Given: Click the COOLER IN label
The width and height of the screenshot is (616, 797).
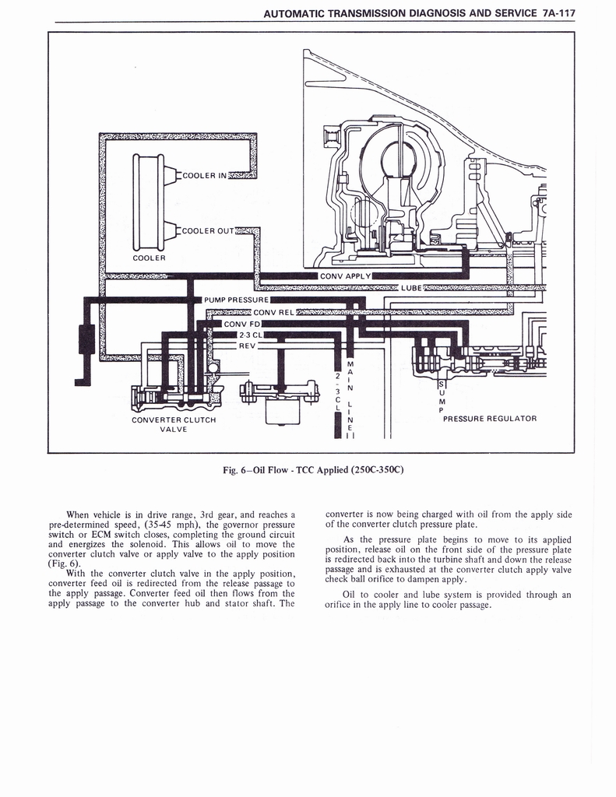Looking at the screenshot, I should point(204,175).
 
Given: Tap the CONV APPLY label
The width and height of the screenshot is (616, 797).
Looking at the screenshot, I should point(345,276).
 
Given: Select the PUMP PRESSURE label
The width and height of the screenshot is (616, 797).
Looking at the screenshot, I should point(236,299).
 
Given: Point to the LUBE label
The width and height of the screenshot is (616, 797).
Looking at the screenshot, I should point(410,288).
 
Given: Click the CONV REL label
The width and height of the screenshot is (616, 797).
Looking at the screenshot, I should point(272,313).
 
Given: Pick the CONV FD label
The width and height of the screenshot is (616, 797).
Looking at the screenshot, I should point(242,324).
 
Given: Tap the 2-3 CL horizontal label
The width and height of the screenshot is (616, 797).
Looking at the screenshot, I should point(247,335).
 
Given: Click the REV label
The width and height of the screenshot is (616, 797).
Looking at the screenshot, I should point(247,346).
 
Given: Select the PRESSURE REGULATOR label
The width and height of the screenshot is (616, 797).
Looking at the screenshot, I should point(489,419).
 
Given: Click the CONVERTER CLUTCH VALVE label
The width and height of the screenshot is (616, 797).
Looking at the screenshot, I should point(174,425).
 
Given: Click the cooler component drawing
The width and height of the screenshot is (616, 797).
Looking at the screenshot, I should point(149,202).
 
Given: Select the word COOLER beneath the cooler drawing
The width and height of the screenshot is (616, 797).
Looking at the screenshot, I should point(148,257).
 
